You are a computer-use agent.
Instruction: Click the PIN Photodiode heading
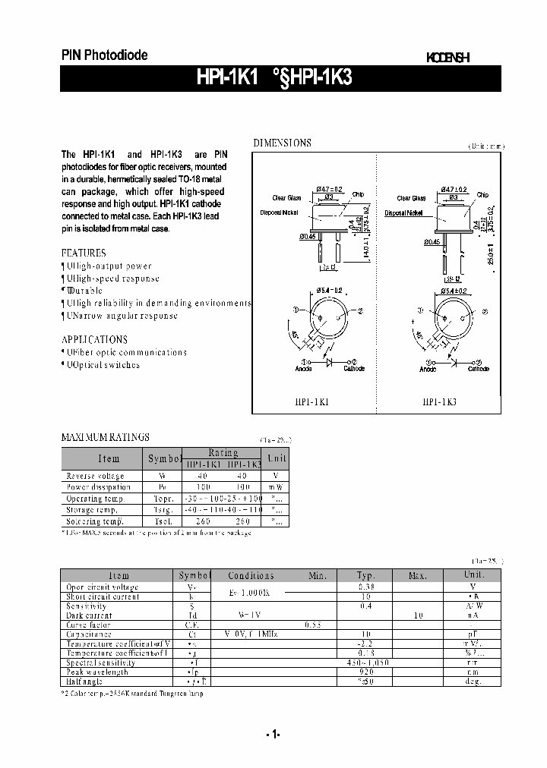click(x=104, y=55)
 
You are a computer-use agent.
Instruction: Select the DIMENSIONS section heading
click(x=282, y=143)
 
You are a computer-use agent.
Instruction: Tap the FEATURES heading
click(x=84, y=253)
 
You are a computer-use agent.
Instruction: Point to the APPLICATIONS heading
click(x=94, y=339)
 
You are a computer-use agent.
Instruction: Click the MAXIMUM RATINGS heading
click(x=105, y=437)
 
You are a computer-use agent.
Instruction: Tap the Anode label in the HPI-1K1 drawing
click(x=303, y=369)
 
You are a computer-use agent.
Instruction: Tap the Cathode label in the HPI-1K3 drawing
click(x=478, y=369)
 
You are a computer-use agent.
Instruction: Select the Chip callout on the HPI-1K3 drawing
click(x=482, y=195)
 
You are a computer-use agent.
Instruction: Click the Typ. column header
click(x=366, y=576)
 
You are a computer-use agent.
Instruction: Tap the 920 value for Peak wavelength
click(x=366, y=672)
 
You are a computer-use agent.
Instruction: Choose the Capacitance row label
click(x=89, y=634)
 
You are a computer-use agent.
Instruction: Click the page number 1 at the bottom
click(x=273, y=734)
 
